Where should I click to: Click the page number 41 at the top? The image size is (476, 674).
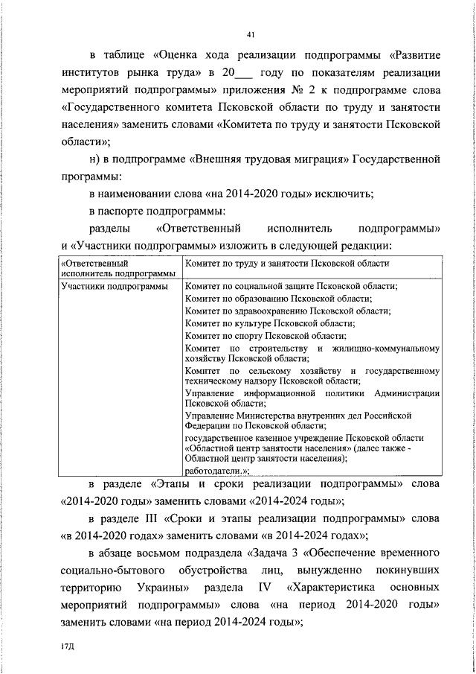250,34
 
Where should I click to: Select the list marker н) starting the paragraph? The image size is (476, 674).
94,159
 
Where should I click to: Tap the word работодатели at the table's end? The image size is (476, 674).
214,471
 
